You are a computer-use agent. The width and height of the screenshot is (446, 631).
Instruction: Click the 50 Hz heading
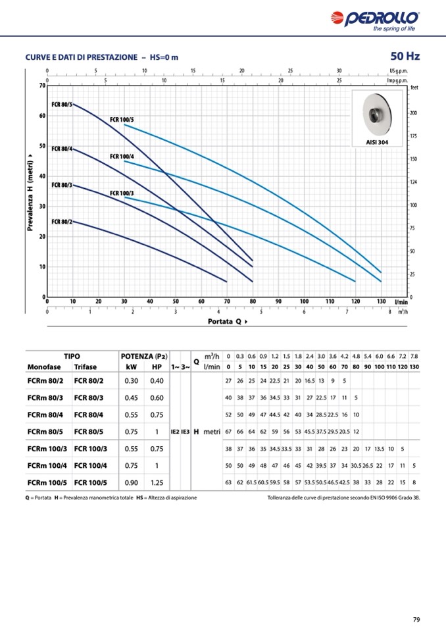405,56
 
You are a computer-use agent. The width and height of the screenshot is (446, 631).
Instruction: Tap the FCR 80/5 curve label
62,105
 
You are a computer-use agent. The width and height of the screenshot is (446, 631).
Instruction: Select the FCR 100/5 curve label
122,120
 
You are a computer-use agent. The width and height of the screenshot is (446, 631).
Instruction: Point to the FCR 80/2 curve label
62,222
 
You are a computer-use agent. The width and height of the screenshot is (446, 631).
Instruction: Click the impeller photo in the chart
378,116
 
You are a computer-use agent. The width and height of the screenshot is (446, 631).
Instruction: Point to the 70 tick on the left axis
41,86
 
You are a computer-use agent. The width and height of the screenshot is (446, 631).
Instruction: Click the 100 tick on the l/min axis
304,301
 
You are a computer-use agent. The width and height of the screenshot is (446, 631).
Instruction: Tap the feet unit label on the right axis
414,88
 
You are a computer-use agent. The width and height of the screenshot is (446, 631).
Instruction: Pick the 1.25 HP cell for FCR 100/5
157,483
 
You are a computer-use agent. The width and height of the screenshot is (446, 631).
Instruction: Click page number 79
416,619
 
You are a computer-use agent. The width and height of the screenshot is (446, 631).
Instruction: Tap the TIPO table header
72,356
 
